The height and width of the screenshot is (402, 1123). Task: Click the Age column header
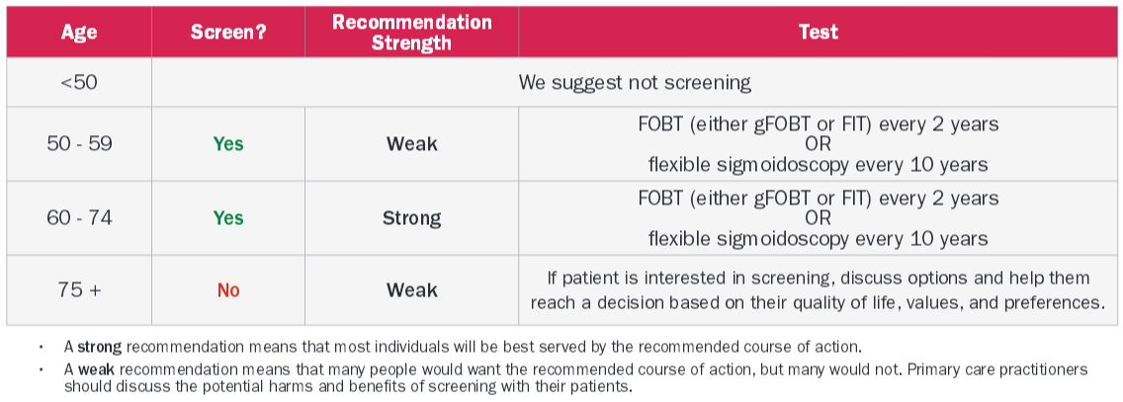point(79,33)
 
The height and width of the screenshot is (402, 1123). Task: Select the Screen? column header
point(228,33)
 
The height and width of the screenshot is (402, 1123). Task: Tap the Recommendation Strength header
point(412,33)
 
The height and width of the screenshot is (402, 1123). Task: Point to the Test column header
point(818,33)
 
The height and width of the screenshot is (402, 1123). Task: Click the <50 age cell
point(79,82)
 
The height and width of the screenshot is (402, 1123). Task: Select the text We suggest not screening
point(635,82)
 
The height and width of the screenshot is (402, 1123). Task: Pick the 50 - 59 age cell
point(79,143)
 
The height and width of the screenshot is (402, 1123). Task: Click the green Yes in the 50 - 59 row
point(228,143)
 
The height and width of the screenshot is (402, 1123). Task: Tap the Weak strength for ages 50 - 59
point(412,143)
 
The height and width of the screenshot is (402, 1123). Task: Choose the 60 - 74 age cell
point(79,217)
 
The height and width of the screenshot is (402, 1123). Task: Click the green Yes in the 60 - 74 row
point(228,217)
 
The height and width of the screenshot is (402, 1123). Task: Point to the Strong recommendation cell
point(412,217)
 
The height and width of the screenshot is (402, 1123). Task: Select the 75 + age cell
point(79,290)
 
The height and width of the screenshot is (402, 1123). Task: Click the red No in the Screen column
point(228,290)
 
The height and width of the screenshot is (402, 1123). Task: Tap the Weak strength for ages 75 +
point(412,290)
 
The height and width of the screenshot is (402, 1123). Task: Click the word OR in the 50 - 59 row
point(818,144)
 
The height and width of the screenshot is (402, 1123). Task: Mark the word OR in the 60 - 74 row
point(818,217)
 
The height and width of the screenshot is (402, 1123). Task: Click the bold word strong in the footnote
point(100,348)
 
